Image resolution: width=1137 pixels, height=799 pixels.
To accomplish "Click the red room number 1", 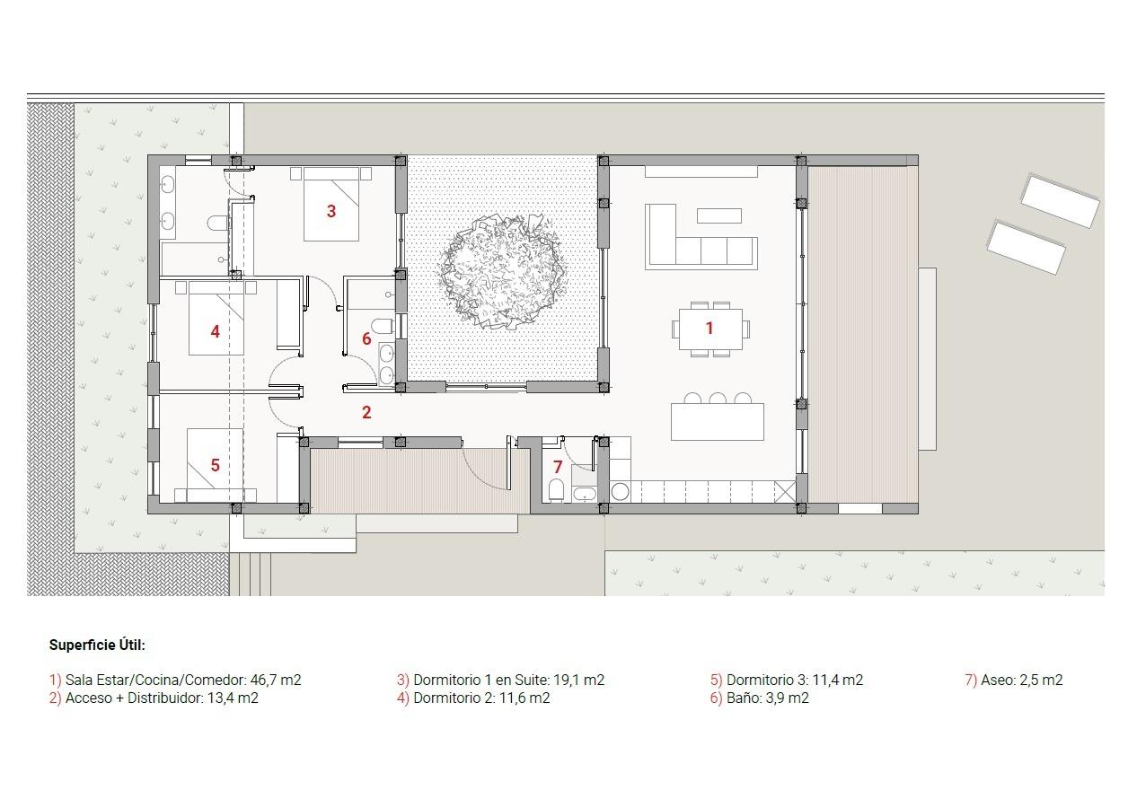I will (709, 329).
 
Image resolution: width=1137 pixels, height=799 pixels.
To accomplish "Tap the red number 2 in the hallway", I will (366, 413).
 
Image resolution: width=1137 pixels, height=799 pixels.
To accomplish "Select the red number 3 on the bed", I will (331, 212).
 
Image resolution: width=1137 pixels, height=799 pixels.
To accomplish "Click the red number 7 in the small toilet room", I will (557, 468).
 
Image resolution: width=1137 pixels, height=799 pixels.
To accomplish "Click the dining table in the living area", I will (710, 329).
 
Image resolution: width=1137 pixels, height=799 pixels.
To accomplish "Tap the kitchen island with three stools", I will (717, 422).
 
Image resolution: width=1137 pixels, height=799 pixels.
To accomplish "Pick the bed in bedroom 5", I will (216, 465).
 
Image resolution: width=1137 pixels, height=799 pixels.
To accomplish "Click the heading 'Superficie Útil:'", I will (97, 645).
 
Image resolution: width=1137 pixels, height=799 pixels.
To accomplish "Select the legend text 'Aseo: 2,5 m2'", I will (1021, 680).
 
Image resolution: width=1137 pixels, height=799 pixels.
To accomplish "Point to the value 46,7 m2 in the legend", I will (275, 680).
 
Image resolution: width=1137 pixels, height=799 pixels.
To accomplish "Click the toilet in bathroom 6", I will (381, 325).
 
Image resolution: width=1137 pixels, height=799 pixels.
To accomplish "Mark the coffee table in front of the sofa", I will (719, 215).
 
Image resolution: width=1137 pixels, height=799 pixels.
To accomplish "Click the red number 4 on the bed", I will (215, 332).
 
